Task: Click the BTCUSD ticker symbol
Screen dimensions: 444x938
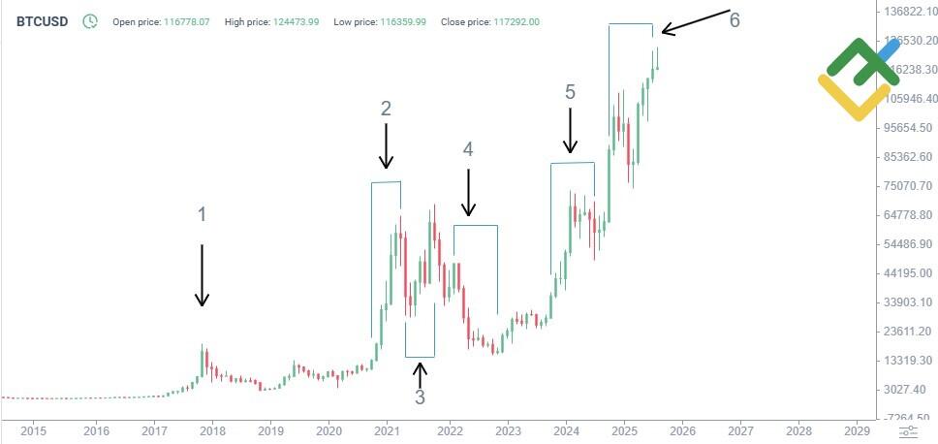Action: (x=42, y=20)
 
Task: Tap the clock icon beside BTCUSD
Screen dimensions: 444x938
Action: (x=90, y=20)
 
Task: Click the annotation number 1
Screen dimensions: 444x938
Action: (x=202, y=214)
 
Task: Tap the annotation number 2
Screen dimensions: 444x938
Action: (x=386, y=109)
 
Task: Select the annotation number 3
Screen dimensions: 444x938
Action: (x=420, y=396)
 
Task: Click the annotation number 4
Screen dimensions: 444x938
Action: (x=468, y=149)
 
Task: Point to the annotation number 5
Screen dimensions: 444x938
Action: (x=570, y=92)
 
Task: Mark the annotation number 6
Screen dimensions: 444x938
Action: (x=735, y=20)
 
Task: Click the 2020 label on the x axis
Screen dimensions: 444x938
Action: (x=328, y=429)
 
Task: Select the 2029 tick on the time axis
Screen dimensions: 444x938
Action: (x=857, y=429)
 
